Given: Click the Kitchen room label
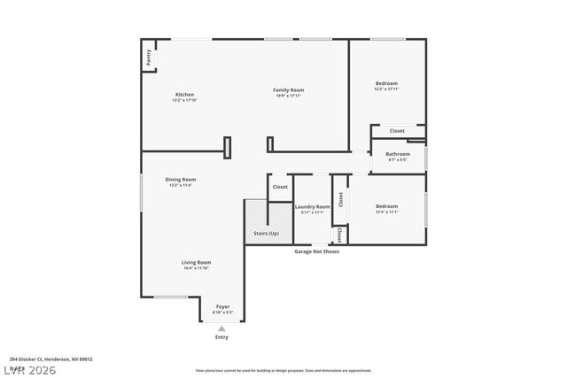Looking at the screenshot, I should (184, 95).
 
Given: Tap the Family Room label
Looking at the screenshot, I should (288, 89).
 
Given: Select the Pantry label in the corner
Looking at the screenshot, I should (148, 58).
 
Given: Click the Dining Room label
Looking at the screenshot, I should (179, 180).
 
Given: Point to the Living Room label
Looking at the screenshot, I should (196, 262).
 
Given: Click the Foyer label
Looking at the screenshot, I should (222, 306).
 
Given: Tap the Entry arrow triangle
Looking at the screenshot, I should (221, 328).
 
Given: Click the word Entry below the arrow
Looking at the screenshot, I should (221, 337).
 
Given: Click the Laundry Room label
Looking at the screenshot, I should (312, 206).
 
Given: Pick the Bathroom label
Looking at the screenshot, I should (398, 154).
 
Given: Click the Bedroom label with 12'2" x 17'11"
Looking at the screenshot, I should (385, 83).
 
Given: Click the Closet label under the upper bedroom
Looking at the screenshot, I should (397, 131).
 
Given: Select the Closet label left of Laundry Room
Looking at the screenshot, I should (280, 187).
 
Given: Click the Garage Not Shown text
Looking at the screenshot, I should (316, 251).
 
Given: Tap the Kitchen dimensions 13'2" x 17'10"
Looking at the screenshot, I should (183, 100).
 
